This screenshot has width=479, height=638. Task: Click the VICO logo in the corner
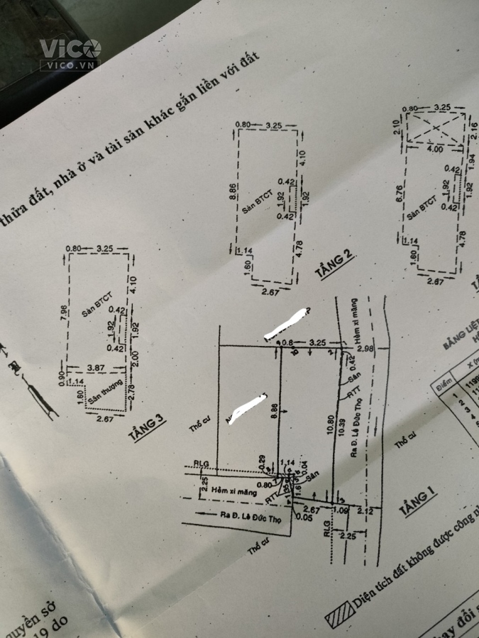click(70, 51)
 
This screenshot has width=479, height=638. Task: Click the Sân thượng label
click(105, 395)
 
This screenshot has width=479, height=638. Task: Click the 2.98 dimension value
click(365, 349)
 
